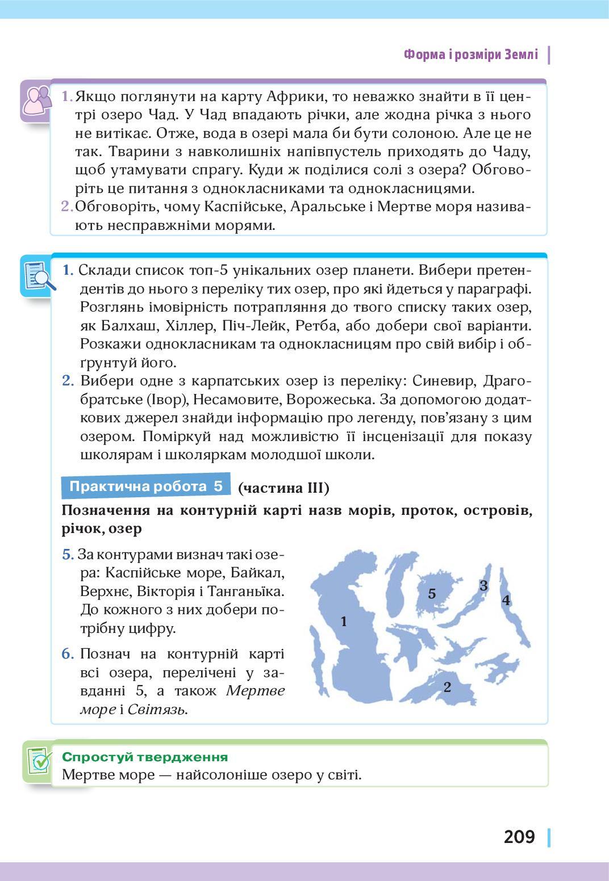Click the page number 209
519,837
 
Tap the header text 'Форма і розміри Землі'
470,54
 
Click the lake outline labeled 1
344,622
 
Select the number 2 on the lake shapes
447,687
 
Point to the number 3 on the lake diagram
483,585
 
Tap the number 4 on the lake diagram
506,600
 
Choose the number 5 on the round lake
432,594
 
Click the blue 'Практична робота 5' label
146,486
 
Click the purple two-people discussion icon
35,100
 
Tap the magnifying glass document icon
38,276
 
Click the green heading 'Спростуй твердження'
145,757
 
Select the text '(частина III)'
283,488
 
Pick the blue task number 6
68,654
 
